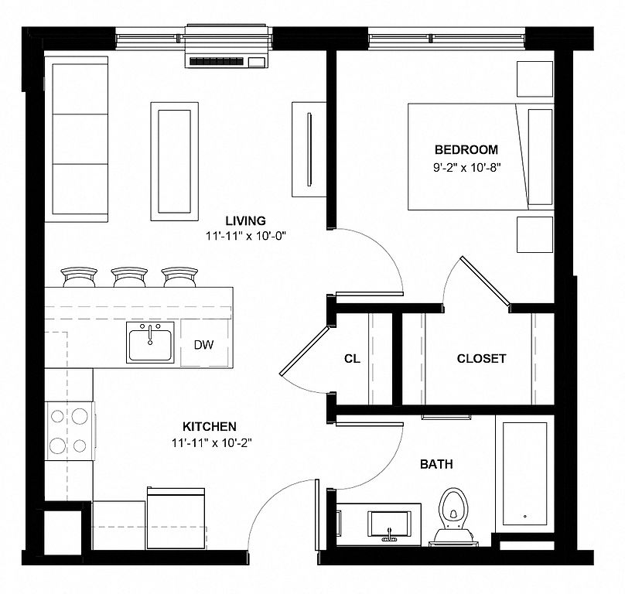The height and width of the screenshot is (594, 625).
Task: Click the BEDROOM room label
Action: click(x=466, y=150)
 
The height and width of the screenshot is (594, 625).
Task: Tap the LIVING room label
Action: click(x=245, y=220)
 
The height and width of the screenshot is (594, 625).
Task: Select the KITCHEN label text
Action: click(x=210, y=427)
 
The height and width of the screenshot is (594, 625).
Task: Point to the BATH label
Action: click(x=436, y=464)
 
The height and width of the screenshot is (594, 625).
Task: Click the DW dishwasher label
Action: click(x=203, y=345)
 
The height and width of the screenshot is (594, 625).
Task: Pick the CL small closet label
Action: click(x=352, y=359)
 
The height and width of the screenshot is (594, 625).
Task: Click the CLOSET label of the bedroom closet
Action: click(x=481, y=358)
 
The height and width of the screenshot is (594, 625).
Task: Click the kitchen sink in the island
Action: click(x=150, y=343)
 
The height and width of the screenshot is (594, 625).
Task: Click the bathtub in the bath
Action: click(x=524, y=473)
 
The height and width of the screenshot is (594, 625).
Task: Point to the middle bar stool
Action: click(x=129, y=277)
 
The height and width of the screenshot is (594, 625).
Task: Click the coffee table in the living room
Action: click(x=174, y=162)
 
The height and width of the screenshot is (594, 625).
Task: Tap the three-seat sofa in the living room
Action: click(x=76, y=139)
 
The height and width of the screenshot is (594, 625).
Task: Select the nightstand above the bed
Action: click(x=535, y=79)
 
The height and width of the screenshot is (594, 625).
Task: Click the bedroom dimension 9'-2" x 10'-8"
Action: click(x=466, y=168)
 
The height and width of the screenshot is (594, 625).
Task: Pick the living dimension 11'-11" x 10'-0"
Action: click(x=246, y=236)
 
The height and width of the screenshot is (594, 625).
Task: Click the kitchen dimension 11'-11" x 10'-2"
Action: click(x=213, y=442)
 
